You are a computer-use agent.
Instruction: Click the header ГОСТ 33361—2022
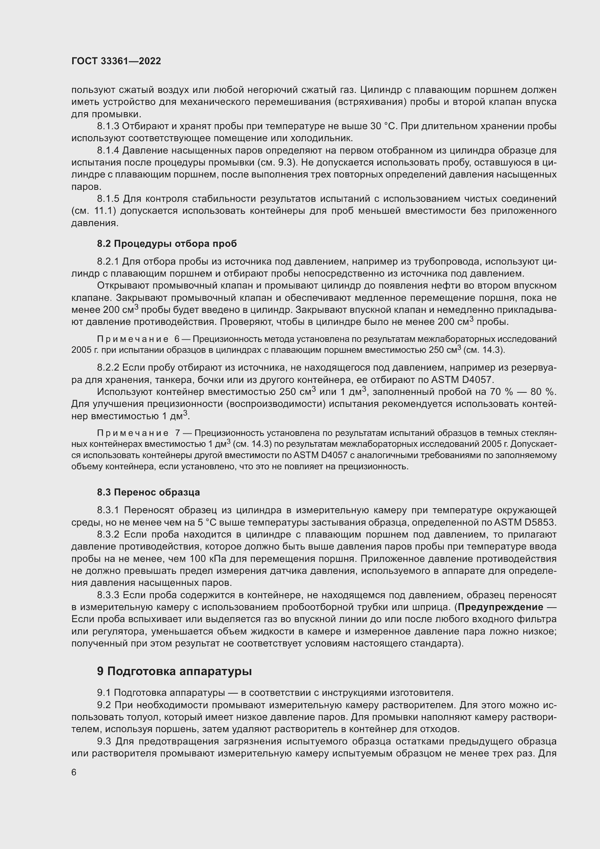116,61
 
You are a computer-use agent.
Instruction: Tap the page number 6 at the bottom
74,772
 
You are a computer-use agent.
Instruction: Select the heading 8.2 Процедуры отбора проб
167,244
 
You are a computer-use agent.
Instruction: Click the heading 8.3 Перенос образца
148,492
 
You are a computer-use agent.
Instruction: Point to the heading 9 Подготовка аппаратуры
174,671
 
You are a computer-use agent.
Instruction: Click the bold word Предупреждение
500,607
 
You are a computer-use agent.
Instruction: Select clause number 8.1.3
108,126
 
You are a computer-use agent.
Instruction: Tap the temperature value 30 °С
383,126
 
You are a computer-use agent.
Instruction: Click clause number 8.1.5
108,199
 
